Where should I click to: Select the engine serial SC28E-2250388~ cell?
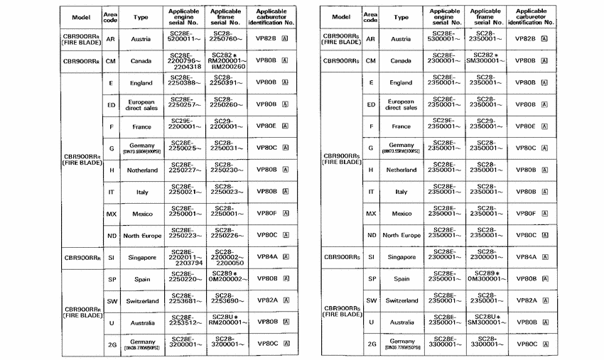point(185,82)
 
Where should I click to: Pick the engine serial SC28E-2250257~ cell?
point(185,104)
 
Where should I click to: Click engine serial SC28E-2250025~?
point(185,148)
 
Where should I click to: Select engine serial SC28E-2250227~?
point(185,170)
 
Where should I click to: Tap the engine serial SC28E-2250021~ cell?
point(185,192)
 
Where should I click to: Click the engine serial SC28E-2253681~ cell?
point(185,300)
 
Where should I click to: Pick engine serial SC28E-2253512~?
point(185,322)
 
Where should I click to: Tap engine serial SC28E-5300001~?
point(446,39)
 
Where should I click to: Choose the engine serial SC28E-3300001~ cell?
point(446,344)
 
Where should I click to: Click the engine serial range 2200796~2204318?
point(185,61)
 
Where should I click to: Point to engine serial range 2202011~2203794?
point(185,257)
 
